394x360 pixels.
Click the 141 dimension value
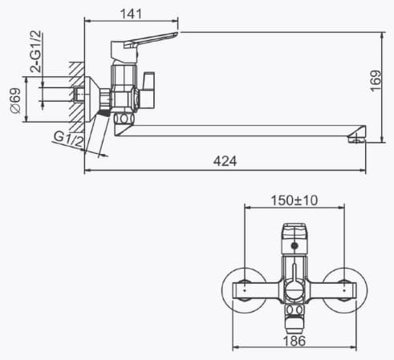131,14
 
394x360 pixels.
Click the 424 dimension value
225,161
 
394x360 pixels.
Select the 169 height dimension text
376,81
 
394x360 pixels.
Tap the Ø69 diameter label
15,101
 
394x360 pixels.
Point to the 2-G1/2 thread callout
36,51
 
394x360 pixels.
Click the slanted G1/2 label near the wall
69,139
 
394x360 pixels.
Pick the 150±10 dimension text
294,200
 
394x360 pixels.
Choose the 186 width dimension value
294,341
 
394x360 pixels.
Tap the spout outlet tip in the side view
356,139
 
